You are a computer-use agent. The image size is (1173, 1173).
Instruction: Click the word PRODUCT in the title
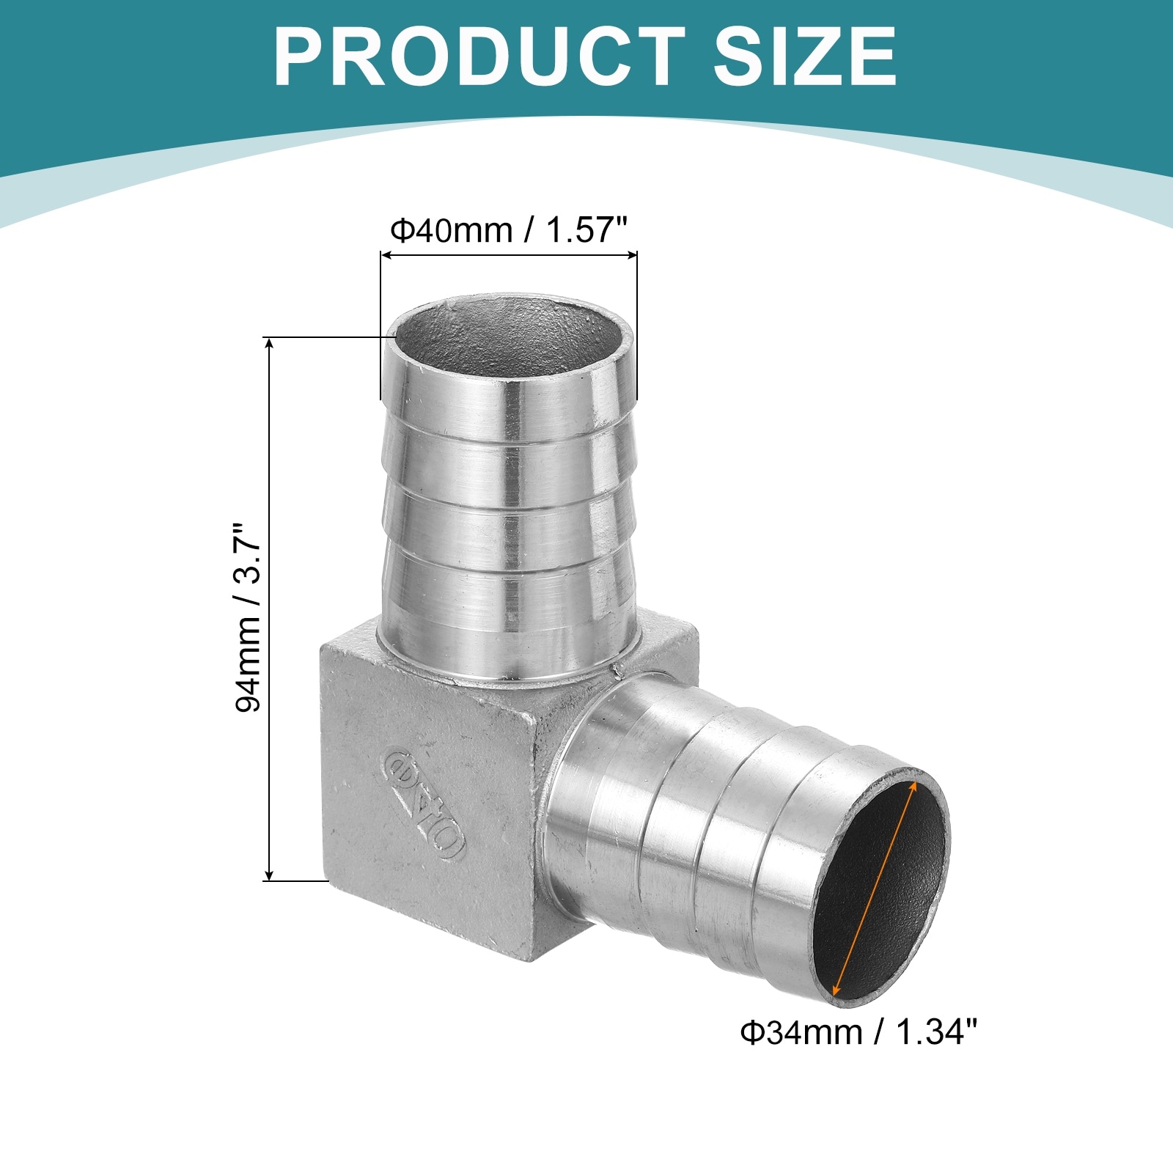(x=479, y=56)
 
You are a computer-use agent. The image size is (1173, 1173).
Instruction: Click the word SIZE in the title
(x=805, y=56)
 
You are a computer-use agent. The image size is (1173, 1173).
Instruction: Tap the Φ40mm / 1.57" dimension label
(x=509, y=230)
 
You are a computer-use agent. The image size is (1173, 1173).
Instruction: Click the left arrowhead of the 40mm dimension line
(x=386, y=255)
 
